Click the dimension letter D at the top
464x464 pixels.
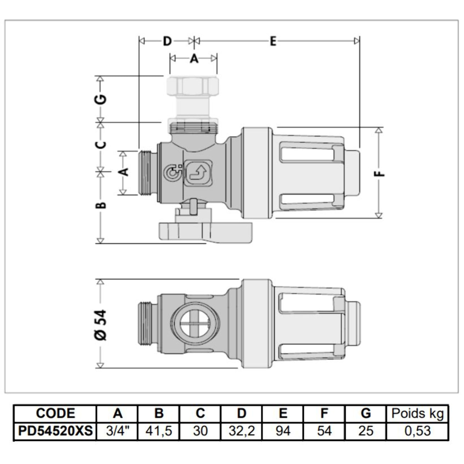167,41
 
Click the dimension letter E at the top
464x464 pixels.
272,41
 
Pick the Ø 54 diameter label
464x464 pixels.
101,324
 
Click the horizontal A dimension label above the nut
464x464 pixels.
194,58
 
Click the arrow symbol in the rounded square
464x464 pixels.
199,174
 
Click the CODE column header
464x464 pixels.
55,413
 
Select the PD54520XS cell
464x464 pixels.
55,431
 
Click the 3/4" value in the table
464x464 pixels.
118,431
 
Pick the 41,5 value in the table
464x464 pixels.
159,431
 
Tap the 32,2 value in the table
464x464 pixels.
242,431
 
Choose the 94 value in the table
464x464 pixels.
283,431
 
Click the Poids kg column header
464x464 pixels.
417,413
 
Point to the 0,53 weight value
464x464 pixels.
417,431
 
